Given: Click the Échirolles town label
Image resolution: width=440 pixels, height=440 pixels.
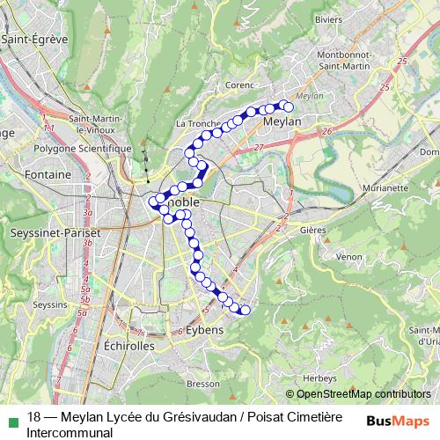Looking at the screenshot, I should point(128,345).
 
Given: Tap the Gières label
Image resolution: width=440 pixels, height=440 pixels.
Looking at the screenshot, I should point(312,230).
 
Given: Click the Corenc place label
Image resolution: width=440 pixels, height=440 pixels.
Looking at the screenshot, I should point(239,85).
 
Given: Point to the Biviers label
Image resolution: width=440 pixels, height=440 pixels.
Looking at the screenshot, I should point(328,18).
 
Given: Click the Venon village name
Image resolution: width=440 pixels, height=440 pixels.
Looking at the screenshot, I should point(348,256).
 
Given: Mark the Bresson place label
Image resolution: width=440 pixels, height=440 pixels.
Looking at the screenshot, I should point(202,384).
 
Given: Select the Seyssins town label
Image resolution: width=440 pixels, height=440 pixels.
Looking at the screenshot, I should point(48,304).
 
